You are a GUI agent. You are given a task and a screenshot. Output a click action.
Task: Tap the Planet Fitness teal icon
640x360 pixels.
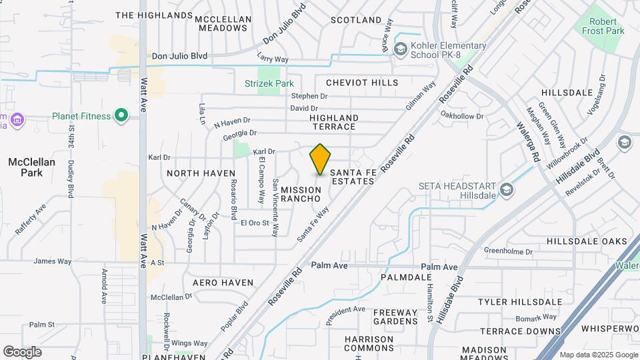[x=121, y=116]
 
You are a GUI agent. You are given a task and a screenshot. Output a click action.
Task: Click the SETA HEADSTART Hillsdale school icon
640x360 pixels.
[x=507, y=191]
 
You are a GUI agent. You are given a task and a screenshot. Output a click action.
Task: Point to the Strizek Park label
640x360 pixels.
[x=269, y=84]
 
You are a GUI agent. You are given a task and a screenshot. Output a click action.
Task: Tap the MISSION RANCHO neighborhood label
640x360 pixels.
[x=301, y=194]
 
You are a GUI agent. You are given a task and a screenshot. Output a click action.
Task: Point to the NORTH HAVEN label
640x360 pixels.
[x=201, y=173]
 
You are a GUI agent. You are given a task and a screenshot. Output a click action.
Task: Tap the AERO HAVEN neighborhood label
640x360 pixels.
[x=223, y=283]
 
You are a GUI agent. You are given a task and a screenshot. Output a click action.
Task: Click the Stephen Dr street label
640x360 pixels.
[x=309, y=96]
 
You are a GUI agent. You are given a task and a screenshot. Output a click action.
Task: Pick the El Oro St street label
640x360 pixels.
[x=254, y=223]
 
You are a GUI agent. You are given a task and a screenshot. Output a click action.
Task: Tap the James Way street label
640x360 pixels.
[x=52, y=261]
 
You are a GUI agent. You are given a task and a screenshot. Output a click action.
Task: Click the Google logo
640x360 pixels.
[x=22, y=351]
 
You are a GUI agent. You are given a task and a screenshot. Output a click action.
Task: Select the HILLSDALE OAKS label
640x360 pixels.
[x=587, y=241]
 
